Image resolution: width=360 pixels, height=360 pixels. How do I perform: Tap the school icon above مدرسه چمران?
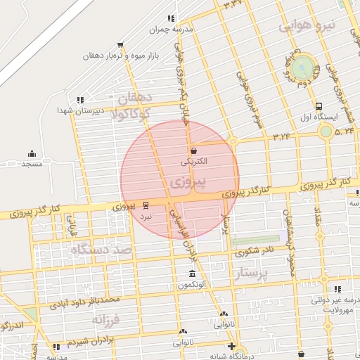pyautogui.click(x=171, y=19)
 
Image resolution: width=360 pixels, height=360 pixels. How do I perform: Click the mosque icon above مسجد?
pyautogui.click(x=32, y=153)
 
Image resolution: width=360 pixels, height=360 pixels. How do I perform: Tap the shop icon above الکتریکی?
pyautogui.click(x=193, y=150)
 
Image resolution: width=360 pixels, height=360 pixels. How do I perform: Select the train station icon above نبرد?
pyautogui.click(x=146, y=205)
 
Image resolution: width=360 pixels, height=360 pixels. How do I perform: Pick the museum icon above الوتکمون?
pyautogui.click(x=192, y=274)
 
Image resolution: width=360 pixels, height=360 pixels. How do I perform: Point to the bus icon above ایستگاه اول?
pyautogui.click(x=320, y=105)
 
